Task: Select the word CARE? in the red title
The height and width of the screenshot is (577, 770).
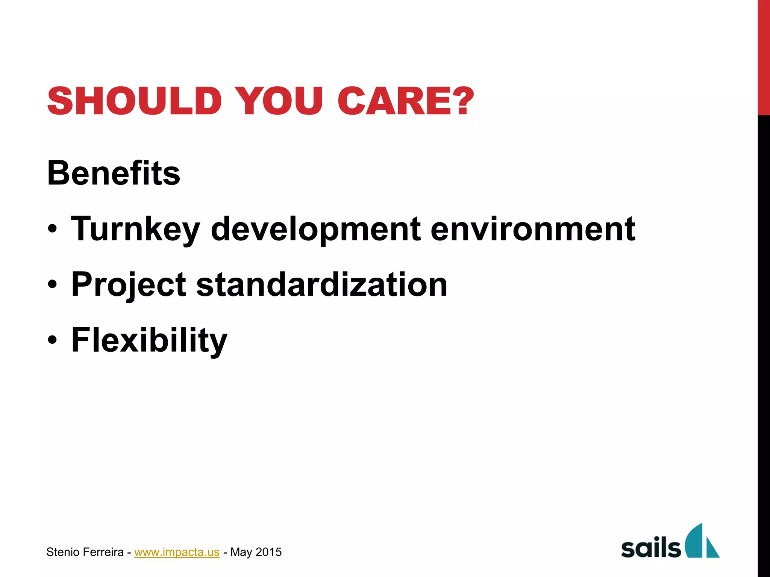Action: (405, 101)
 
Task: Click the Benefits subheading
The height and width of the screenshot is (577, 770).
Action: (114, 173)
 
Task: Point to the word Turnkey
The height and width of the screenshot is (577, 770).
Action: (135, 229)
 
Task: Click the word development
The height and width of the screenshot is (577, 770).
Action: (316, 229)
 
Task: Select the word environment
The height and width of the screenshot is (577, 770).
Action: (532, 229)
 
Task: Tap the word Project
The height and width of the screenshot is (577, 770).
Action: (129, 285)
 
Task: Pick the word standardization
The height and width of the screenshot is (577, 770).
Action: (322, 284)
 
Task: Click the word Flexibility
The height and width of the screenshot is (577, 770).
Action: (149, 340)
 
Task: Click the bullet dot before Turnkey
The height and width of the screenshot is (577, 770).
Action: (53, 229)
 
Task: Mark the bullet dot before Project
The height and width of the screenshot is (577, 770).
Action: (53, 284)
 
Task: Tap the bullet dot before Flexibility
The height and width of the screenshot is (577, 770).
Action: (53, 340)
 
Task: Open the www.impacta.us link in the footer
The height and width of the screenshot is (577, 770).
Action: (177, 552)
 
